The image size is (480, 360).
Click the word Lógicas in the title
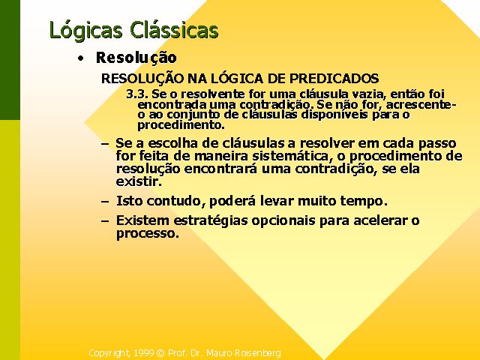(86, 31)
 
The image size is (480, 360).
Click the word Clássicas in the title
(174, 29)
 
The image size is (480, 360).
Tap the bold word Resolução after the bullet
(136, 58)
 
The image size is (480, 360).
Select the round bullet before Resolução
(80, 58)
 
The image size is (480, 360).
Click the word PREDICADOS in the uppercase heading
(334, 78)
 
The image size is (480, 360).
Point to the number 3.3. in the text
(137, 94)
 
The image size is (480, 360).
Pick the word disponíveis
(335, 115)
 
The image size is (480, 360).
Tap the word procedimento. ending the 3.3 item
(181, 125)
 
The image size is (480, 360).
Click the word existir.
(139, 181)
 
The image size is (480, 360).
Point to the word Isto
(130, 201)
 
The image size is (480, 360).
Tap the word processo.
(148, 234)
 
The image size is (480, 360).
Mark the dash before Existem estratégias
(105, 221)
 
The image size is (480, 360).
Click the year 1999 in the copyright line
(144, 353)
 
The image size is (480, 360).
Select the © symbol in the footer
(160, 353)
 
